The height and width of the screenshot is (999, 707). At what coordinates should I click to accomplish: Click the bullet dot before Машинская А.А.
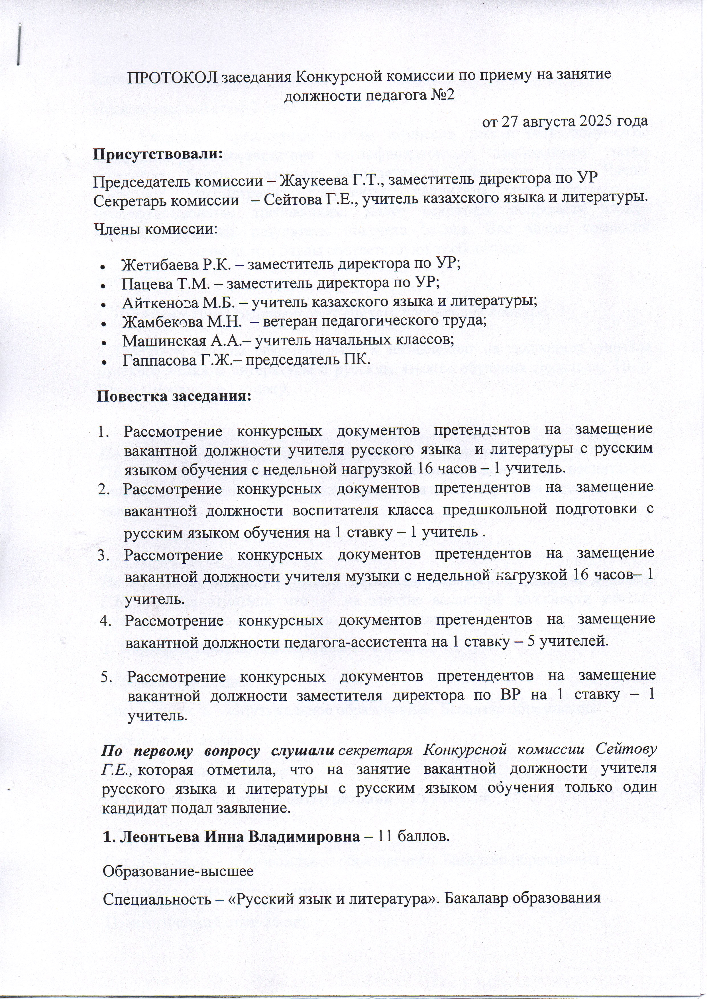103,342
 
